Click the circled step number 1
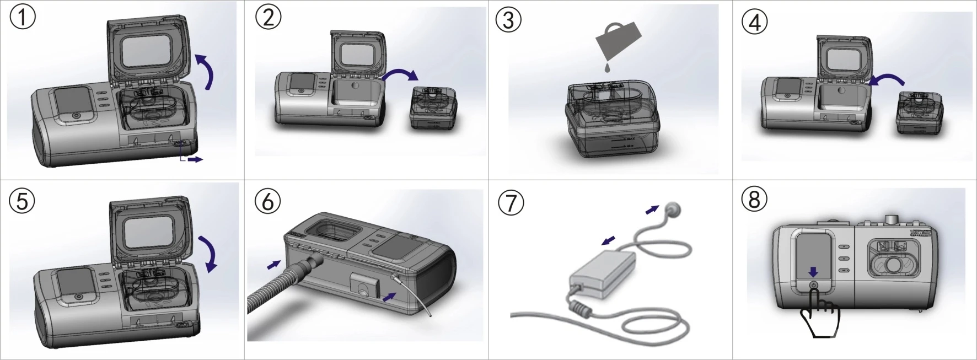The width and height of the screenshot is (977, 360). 23,18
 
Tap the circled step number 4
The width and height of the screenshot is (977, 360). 754,22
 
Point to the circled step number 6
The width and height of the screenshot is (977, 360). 267,201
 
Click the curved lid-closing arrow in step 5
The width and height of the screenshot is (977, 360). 208,253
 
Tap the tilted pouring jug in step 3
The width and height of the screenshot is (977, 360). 619,39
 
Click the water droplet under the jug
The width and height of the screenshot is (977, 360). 606,68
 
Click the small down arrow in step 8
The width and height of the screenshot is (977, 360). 813,272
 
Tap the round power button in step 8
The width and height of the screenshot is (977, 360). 813,285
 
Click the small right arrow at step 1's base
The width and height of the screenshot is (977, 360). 195,159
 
